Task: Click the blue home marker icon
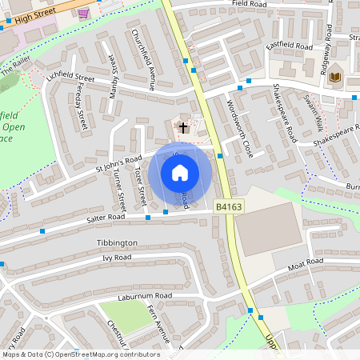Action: (180, 173)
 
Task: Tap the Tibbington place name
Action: (117, 242)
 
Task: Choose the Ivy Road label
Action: (117, 258)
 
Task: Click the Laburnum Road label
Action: (147, 296)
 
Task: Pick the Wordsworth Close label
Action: (239, 128)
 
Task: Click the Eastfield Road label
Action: (289, 46)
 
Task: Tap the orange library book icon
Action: (335, 77)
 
